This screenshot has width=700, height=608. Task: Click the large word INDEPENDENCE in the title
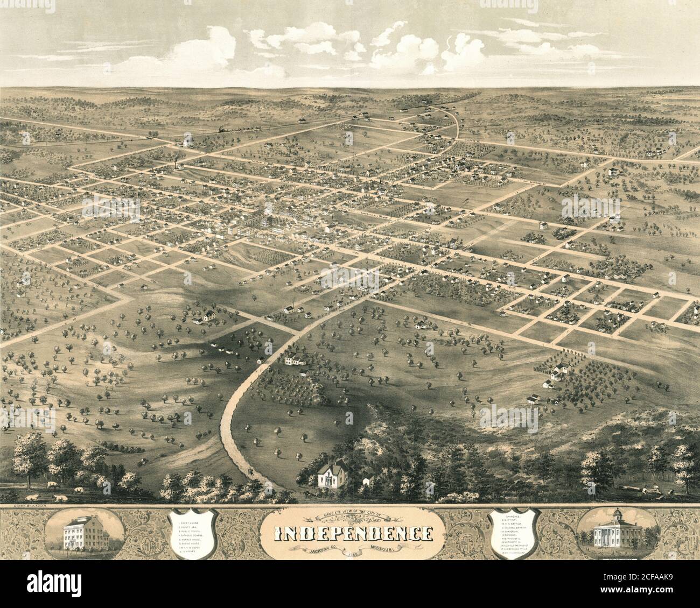pos(353,533)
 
